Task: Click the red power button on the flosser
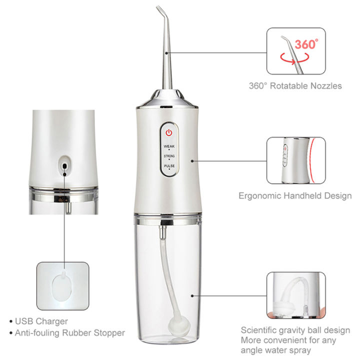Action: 169,133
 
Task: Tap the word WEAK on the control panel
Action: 169,145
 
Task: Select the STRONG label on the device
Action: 169,156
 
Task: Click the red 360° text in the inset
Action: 305,44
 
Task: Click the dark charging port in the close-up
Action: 64,164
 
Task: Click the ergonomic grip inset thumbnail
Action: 293,160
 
